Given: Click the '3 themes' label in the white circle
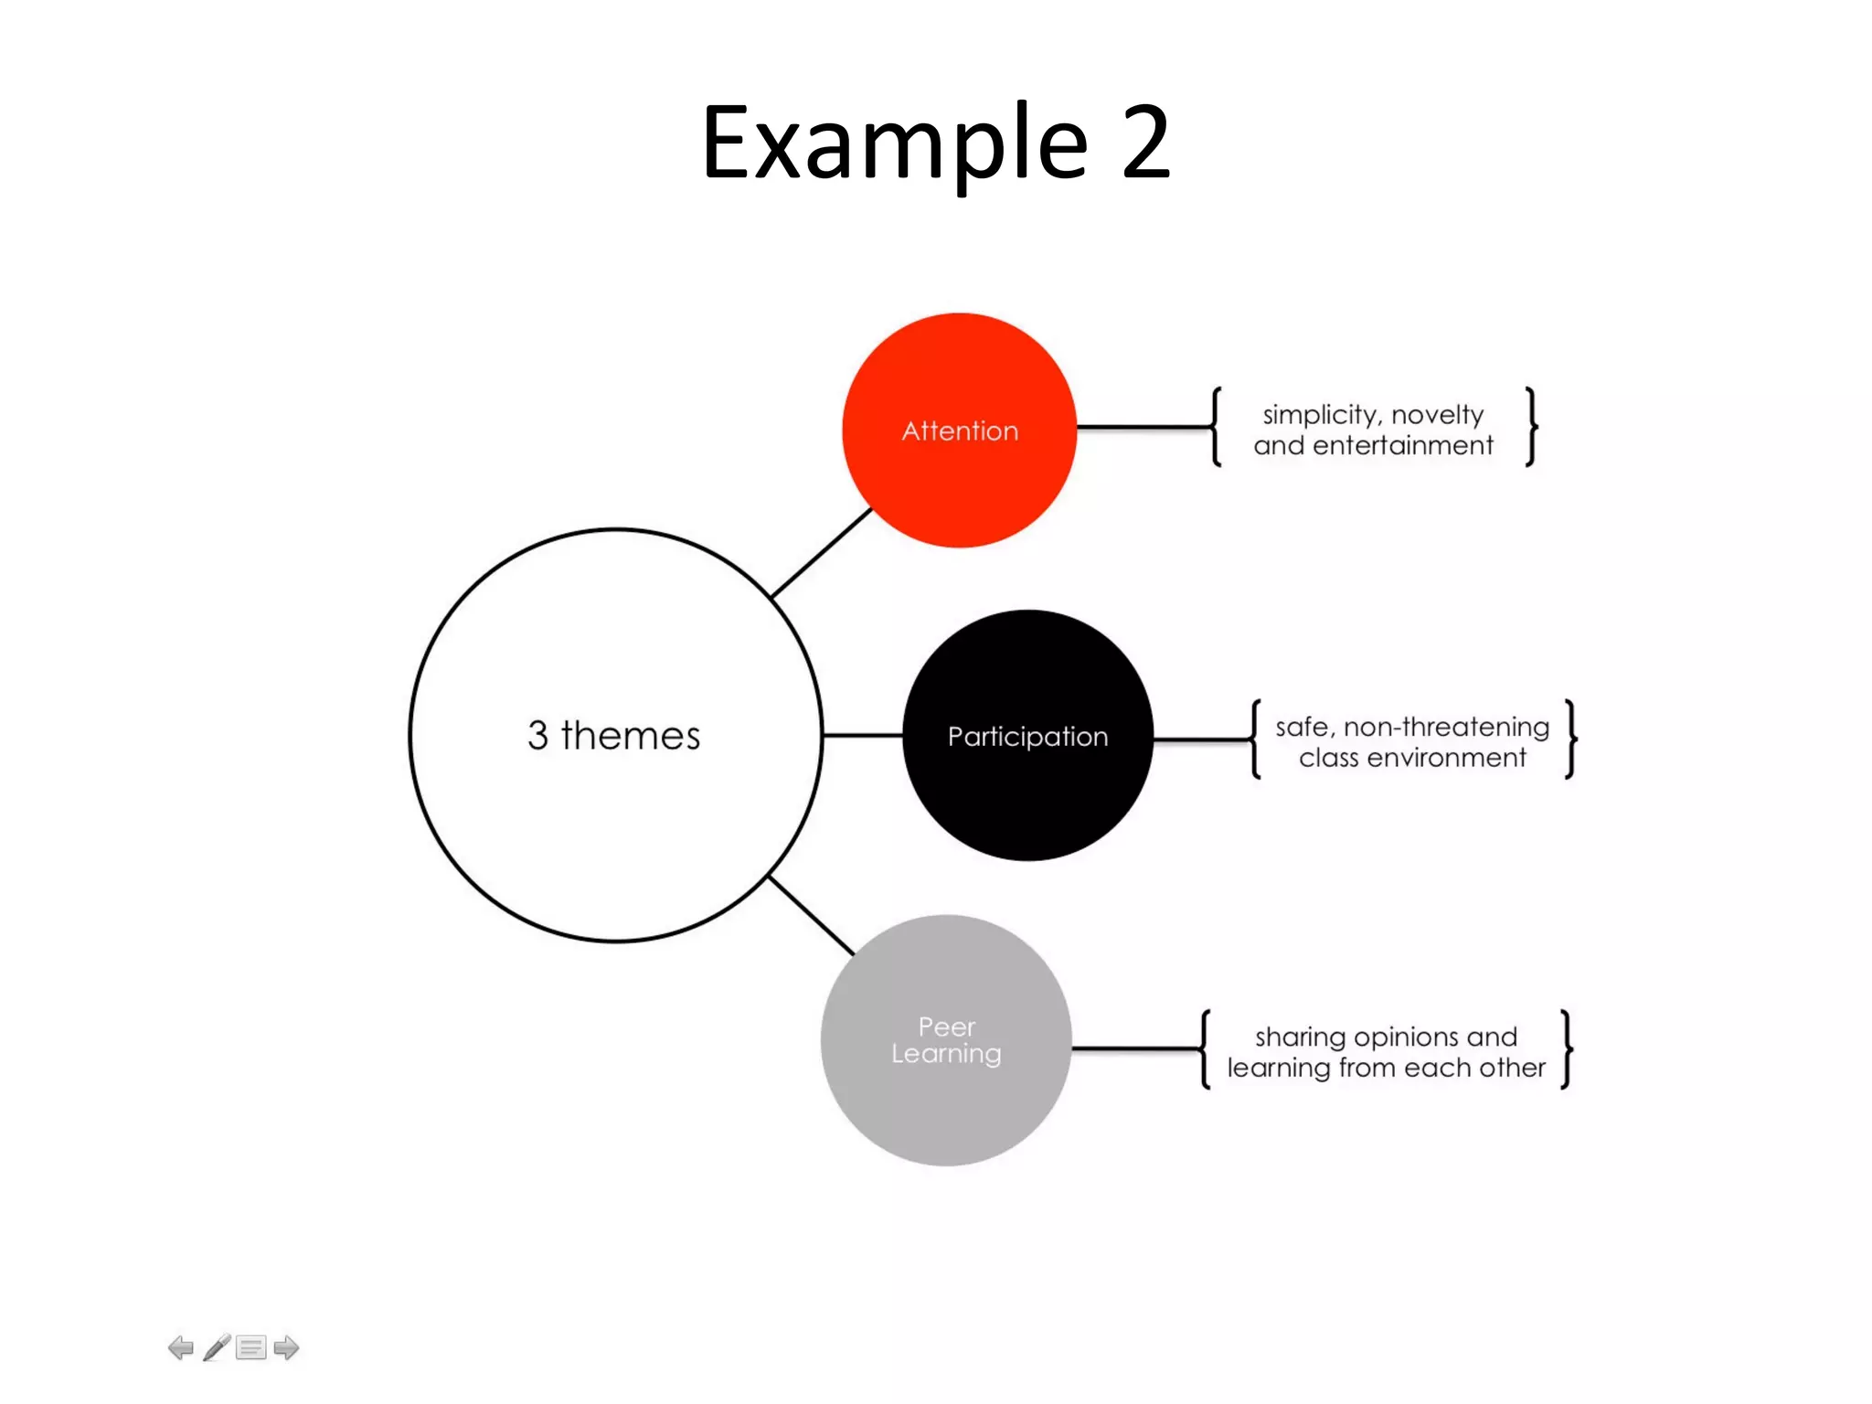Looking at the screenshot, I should pos(613,736).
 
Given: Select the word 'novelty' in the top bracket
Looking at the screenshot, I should pos(1437,415).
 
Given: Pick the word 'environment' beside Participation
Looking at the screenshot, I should pos(1446,758).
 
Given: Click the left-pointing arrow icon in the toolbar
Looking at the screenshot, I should pos(181,1347).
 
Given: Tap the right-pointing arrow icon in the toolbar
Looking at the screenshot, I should pos(286,1347).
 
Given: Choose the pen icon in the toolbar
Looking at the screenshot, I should pos(217,1347).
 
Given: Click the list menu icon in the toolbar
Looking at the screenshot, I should pos(250,1347).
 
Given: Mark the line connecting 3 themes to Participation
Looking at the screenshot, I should pos(862,735).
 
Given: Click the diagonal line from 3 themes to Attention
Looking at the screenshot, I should pos(821,554).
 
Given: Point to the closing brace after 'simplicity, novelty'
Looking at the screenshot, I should pos(1531,427).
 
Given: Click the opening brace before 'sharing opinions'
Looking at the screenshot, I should pos(1206,1049).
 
